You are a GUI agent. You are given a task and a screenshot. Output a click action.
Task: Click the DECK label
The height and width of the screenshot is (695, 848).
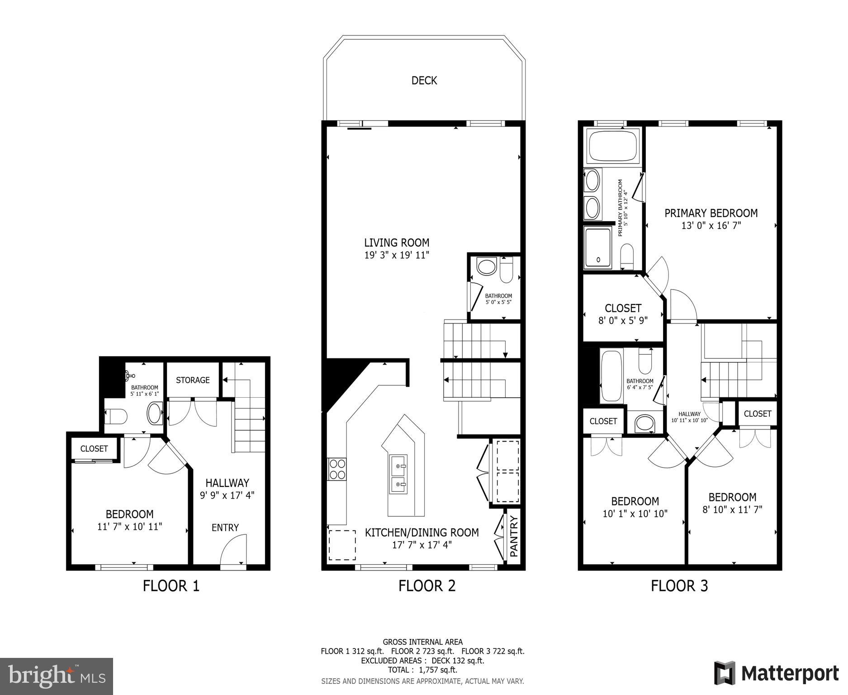[x=424, y=81]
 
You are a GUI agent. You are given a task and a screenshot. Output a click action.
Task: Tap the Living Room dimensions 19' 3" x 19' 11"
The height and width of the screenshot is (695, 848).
[x=397, y=255]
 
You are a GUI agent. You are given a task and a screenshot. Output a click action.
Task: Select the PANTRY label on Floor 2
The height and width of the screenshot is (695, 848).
[x=514, y=536]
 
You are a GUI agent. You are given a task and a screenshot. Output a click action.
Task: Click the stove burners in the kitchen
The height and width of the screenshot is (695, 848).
[x=336, y=469]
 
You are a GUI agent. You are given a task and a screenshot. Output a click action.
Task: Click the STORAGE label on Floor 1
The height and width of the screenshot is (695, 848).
[x=193, y=380]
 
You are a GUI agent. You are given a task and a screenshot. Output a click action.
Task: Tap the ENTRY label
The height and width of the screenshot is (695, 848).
[x=225, y=528]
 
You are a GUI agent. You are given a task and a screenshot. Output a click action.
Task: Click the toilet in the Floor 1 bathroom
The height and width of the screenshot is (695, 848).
[x=116, y=416]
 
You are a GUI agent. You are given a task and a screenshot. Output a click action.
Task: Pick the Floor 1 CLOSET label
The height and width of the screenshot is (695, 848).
[x=94, y=448]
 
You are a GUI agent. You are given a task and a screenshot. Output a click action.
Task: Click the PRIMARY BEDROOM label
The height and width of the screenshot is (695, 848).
[x=711, y=213]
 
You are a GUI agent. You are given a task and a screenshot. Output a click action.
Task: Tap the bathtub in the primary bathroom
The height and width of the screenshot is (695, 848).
[x=612, y=146]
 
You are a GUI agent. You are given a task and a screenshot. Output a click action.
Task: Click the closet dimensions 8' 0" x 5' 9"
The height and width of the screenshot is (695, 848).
[x=623, y=321]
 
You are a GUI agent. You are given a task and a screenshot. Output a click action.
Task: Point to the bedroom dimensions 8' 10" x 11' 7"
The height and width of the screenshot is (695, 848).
[x=732, y=509]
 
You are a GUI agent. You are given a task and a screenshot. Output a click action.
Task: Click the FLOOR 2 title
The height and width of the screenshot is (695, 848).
[x=426, y=586]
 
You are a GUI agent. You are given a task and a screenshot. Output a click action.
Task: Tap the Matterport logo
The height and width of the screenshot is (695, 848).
[x=776, y=674]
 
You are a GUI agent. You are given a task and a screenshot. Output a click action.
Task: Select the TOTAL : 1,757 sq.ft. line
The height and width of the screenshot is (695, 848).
[x=422, y=670]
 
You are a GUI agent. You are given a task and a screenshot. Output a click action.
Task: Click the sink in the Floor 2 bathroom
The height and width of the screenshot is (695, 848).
[x=487, y=267]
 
